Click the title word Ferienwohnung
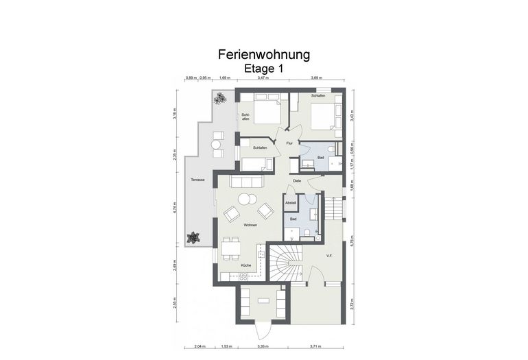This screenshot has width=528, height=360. point(264,53)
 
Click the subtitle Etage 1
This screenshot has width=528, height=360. point(264,69)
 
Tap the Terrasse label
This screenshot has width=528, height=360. point(198,179)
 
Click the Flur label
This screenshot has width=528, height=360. point(290,143)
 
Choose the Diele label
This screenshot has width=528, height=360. point(297,180)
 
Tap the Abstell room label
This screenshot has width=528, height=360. point(291,204)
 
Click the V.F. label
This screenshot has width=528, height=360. point(329,256)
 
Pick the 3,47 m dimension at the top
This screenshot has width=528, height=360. point(263,78)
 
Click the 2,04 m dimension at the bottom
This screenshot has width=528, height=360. point(200,347)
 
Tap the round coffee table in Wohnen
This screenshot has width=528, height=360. point(244,200)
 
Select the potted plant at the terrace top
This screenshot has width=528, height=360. point(219,99)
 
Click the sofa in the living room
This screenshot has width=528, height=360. point(246,181)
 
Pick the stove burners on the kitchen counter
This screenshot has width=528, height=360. point(242,276)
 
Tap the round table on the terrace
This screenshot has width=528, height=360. point(215,145)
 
